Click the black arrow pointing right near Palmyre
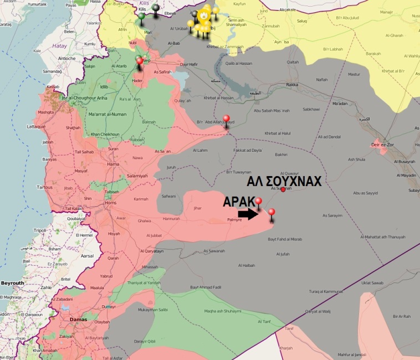(x=247, y=214)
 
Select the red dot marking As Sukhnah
(x=283, y=189)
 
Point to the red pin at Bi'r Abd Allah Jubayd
(x=226, y=125)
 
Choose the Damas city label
(x=78, y=320)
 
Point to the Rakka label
(x=293, y=84)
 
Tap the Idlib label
(x=104, y=86)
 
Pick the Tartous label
(x=44, y=187)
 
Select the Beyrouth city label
(x=12, y=283)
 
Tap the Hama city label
(x=112, y=164)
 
